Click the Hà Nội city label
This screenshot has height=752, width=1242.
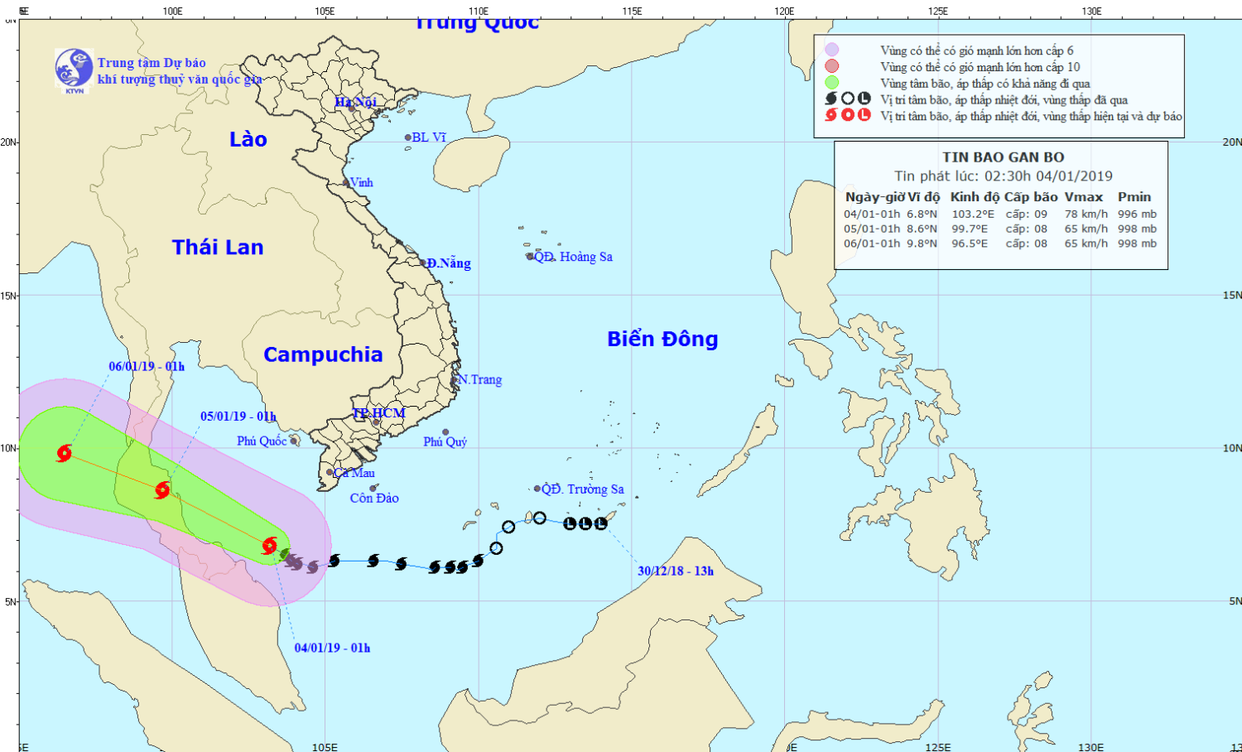coord(356,102)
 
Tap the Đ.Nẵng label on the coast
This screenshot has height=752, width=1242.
coord(449,263)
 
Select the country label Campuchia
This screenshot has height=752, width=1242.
coord(323,354)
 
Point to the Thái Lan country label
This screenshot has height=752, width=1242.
coord(218,247)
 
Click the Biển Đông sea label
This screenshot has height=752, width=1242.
coord(662,339)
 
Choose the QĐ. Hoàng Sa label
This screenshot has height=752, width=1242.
coord(573,257)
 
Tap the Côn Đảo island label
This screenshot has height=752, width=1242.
coord(374,498)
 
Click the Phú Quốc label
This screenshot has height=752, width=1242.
coord(262,441)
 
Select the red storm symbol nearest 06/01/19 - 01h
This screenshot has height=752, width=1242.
coord(64,453)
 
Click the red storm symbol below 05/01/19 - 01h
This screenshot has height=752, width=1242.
coord(162,489)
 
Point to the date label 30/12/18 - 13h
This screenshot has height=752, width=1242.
coord(676,571)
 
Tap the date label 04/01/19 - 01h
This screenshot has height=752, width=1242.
coord(332,648)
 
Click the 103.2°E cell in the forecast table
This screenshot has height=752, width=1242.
coord(973,214)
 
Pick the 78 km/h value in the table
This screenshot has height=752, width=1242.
coord(1086,214)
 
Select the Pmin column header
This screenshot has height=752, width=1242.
coord(1134,197)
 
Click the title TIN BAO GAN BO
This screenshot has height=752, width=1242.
coord(1003,157)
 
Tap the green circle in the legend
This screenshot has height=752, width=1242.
coord(832,83)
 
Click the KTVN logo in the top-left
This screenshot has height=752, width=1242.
coord(74,70)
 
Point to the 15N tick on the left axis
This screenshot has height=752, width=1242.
coord(8,296)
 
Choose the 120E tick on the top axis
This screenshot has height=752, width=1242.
coord(784,11)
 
